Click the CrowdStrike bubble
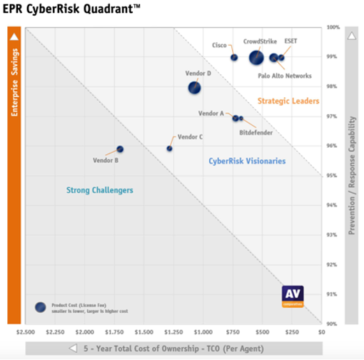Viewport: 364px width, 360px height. (x=256, y=58)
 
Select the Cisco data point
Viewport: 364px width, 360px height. (x=234, y=57)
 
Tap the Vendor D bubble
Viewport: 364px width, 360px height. (x=194, y=88)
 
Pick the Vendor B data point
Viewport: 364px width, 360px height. (x=120, y=149)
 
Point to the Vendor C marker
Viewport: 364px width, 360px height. (x=169, y=149)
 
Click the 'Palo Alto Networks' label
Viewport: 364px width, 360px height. (x=285, y=75)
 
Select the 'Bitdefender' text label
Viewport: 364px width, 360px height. (x=256, y=132)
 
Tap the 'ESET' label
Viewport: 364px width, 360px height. (x=291, y=41)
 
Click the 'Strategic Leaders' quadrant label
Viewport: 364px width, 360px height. (x=288, y=101)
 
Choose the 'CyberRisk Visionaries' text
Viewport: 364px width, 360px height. (x=247, y=161)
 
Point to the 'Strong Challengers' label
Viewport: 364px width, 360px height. (x=100, y=191)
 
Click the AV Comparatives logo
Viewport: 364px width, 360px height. (x=293, y=296)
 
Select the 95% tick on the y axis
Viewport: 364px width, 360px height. (x=333, y=175)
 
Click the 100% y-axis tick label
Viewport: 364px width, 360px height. (x=333, y=27)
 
